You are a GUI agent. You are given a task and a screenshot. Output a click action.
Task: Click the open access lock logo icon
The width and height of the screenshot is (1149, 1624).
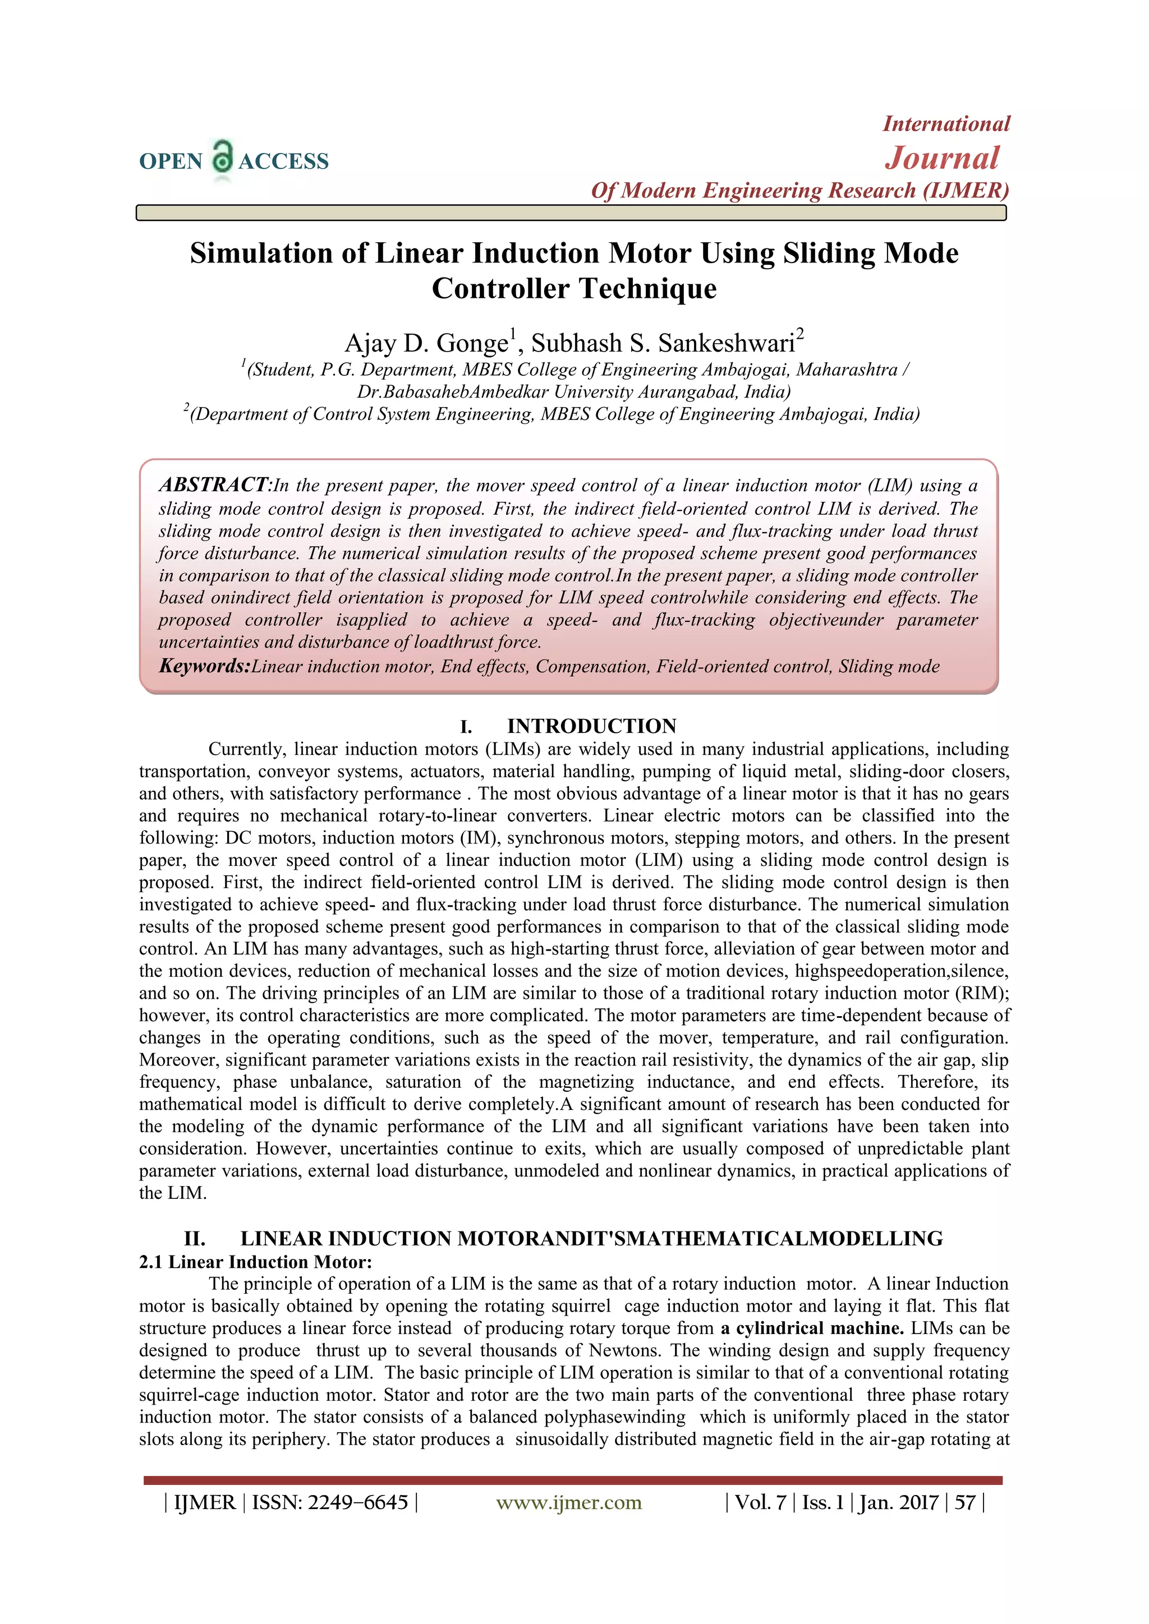coord(222,157)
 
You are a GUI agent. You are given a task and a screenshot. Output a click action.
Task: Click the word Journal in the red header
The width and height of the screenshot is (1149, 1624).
coord(942,158)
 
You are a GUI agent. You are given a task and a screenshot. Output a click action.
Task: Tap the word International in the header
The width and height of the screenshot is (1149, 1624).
coord(946,124)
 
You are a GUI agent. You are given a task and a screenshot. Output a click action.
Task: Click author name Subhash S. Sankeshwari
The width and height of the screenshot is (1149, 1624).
coord(664,343)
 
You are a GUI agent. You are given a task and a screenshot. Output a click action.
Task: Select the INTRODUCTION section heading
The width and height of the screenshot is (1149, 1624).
coord(591,726)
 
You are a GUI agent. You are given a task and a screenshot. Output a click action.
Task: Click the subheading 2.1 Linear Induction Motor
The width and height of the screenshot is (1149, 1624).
coord(255,1262)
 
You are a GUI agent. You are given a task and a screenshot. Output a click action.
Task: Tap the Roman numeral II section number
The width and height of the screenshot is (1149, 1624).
coord(195,1239)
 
